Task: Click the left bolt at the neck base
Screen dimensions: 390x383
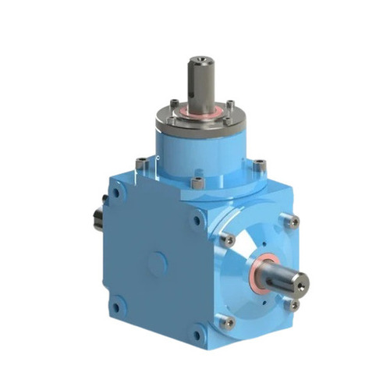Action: tap(140, 164)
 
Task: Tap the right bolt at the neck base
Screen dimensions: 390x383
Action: tap(258, 165)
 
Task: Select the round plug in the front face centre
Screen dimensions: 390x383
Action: tap(157, 264)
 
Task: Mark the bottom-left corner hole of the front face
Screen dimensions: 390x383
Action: tap(116, 307)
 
